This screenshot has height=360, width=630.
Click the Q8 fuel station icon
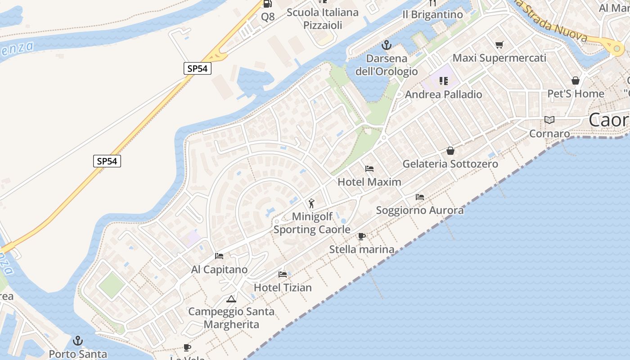267,4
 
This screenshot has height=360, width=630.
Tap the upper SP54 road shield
197,68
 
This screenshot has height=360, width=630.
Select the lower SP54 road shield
107,161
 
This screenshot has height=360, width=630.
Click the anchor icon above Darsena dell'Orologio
386,45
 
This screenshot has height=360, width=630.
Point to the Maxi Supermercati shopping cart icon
499,45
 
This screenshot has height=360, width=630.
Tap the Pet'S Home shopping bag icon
576,81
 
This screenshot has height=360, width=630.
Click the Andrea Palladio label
443,94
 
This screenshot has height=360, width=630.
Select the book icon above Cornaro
549,120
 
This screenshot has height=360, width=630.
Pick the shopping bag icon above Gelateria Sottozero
450,151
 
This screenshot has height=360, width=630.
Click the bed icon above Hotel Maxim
369,169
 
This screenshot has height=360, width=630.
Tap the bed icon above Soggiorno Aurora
420,197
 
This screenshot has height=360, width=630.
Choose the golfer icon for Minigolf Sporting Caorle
311,203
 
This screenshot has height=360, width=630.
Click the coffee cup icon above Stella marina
361,236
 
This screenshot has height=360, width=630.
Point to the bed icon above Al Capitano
219,256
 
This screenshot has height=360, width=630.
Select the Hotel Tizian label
283,287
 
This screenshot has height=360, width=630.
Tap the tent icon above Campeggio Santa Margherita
231,299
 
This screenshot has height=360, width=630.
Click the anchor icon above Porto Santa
78,341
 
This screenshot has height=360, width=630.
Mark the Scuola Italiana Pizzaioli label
323,18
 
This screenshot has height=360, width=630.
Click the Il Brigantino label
432,15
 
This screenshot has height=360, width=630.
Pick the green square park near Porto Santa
111,285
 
